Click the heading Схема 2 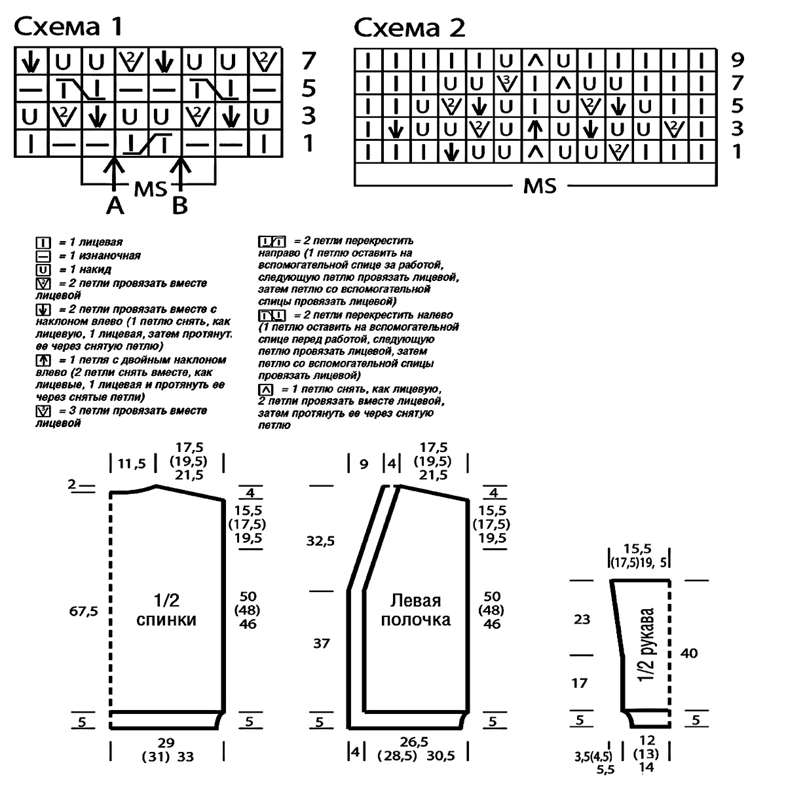pos(409,28)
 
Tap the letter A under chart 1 pos(115,206)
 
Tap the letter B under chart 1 pos(179,206)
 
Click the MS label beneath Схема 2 pos(540,186)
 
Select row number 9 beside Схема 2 pos(737,60)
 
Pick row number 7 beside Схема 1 pos(309,61)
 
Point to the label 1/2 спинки pos(166,610)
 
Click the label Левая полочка pos(416,610)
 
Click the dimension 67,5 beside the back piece pos(84,611)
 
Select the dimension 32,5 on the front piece pos(321,541)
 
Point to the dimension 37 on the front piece pos(321,643)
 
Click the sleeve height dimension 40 pos(689,653)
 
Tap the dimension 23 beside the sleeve pos(582,618)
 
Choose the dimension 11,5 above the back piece pos(132,464)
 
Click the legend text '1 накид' pos(84,269)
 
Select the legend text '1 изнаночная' pos(99,255)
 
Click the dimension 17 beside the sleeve pos(579,683)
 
